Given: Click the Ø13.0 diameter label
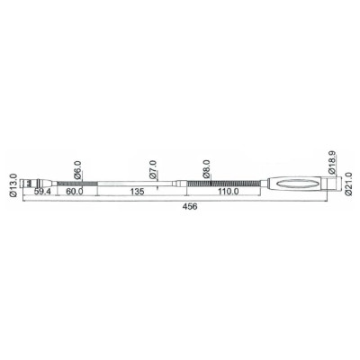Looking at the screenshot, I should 13,184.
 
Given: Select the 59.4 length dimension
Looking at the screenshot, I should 40,192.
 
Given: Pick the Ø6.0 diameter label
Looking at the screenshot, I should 78,167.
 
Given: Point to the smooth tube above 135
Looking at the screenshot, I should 135,182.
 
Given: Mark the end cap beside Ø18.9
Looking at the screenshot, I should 327,182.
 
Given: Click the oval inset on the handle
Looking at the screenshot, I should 296,182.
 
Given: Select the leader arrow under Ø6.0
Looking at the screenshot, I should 79,179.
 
